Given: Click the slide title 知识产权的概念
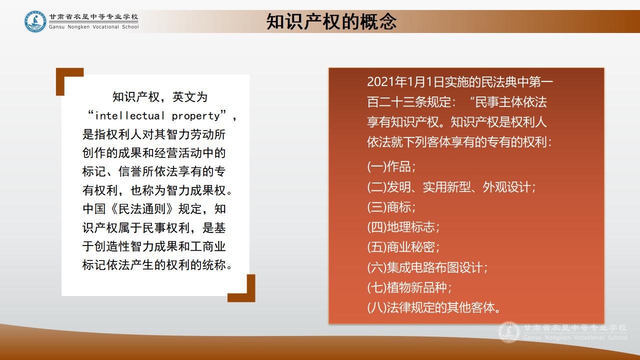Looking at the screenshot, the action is (331, 21).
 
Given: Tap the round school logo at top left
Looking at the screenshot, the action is (35, 21).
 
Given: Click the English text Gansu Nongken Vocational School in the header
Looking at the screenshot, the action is (93, 27).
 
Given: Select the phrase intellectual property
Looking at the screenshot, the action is (157, 116).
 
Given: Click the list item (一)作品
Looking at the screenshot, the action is (391, 167).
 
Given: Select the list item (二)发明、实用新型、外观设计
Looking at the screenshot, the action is (451, 187).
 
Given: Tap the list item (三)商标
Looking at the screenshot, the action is (391, 207).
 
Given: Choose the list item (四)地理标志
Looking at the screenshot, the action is (403, 227).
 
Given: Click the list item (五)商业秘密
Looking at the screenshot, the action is (403, 247).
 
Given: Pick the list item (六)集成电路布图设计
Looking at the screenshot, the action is (427, 267).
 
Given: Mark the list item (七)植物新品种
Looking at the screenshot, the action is (409, 287).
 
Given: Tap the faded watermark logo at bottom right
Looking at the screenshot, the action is (509, 332).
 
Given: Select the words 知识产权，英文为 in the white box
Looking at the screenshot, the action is (159, 97).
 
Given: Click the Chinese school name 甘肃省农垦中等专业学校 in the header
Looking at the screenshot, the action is (93, 17).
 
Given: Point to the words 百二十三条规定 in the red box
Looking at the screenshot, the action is (409, 102).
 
